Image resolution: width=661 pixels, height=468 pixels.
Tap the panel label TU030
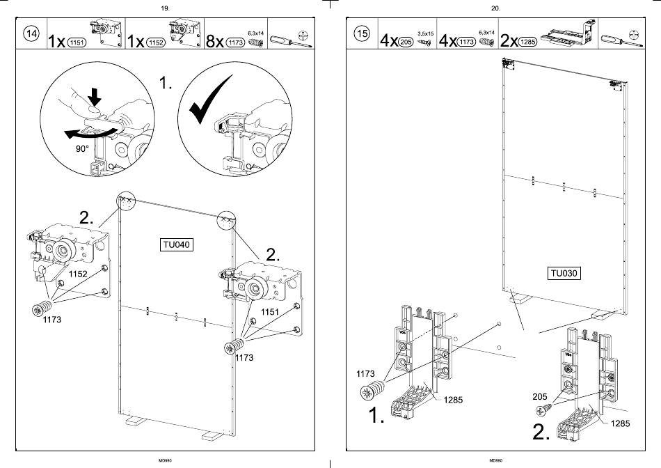(564, 274)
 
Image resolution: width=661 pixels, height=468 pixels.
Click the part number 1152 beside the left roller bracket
(77, 274)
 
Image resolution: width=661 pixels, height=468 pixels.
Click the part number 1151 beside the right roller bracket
(269, 312)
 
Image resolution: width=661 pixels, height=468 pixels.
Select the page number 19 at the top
(165, 8)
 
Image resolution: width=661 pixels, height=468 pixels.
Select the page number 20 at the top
(495, 8)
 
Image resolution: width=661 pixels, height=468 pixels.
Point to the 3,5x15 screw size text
(424, 33)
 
